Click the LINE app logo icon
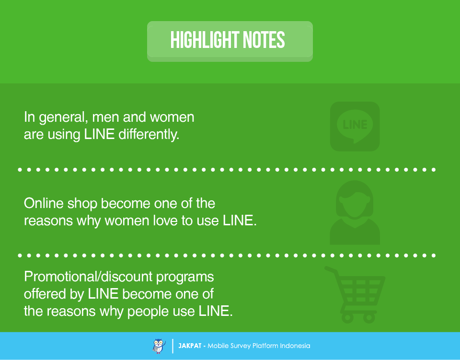355,127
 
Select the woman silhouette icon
355,212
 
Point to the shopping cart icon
356,295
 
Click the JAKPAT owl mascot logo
159,346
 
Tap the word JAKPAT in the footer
190,346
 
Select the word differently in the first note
149,134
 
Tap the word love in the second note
165,221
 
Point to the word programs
185,277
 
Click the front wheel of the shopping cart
369,318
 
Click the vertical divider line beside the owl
173,346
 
